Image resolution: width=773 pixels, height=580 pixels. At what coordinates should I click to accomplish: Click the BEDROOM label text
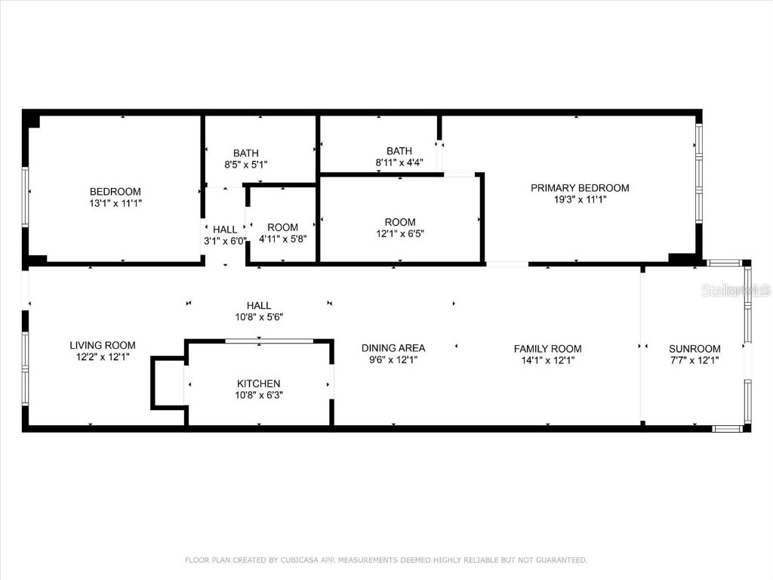tap(115, 192)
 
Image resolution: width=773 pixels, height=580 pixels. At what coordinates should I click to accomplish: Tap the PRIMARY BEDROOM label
tap(580, 188)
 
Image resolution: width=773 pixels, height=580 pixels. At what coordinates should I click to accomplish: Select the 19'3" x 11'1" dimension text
tap(580, 199)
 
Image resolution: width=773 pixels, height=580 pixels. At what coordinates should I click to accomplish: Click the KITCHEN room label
tap(259, 384)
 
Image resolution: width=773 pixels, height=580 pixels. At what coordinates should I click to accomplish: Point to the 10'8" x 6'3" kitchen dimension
tap(259, 395)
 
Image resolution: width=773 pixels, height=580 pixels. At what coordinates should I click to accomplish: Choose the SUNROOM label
tap(694, 349)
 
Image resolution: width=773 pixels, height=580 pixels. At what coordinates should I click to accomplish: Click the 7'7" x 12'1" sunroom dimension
tap(694, 360)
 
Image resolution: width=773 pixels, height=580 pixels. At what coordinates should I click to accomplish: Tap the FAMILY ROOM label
tap(548, 349)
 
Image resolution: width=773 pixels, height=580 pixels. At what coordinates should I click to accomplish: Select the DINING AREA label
tap(393, 348)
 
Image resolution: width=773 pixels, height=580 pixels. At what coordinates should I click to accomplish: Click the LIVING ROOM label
tap(103, 345)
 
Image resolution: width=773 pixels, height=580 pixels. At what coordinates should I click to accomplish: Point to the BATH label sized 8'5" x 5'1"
tap(246, 153)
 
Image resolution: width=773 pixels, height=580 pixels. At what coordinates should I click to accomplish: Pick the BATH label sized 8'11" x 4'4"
tap(399, 151)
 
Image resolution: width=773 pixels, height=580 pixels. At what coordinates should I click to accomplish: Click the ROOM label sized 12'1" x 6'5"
tap(400, 222)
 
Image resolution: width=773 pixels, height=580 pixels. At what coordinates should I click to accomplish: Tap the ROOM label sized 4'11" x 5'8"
tap(283, 227)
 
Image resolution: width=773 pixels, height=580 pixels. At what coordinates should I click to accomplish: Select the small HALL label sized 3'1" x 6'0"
tap(225, 230)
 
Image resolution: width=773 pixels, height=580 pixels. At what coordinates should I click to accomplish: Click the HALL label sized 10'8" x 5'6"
tap(259, 306)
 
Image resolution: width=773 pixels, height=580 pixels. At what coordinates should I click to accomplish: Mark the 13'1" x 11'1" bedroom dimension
tap(115, 203)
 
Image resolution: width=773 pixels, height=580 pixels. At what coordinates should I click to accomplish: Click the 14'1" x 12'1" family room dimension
tap(548, 360)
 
